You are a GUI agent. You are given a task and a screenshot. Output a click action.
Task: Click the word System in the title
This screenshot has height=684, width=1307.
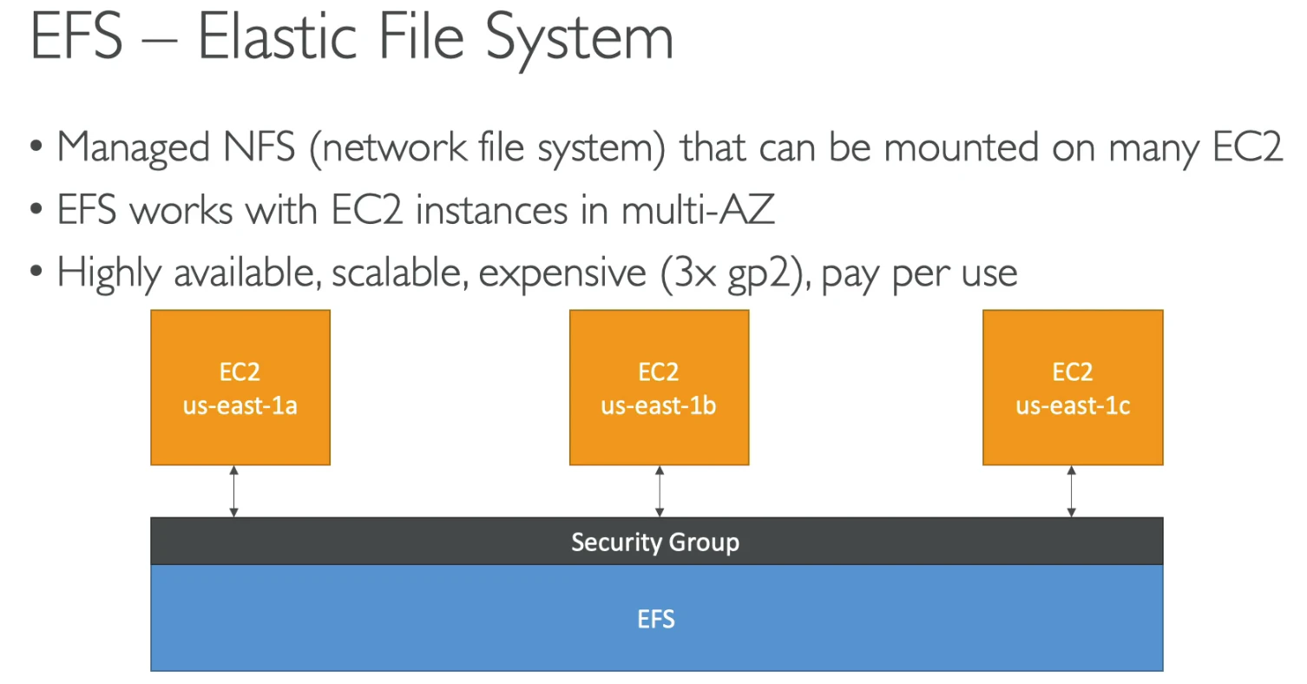tap(580, 41)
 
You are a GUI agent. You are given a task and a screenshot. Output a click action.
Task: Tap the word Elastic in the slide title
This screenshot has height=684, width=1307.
tap(277, 36)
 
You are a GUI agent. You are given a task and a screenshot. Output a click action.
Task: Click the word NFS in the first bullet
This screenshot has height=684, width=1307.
tap(259, 147)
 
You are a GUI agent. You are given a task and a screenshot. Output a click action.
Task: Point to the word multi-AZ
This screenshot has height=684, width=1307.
tap(698, 209)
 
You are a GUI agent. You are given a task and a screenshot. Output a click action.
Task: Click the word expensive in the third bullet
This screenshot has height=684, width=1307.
tap(562, 273)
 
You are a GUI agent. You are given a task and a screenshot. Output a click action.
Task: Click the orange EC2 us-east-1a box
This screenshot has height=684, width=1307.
tap(240, 387)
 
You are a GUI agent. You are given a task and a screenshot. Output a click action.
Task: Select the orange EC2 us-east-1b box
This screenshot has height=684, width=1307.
tap(660, 387)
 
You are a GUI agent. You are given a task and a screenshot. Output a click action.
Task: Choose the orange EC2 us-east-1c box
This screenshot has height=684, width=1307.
tap(1073, 387)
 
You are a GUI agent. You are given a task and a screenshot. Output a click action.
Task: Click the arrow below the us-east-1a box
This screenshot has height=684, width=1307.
tap(234, 491)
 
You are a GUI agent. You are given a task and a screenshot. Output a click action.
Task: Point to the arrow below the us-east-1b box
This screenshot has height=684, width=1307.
tap(660, 491)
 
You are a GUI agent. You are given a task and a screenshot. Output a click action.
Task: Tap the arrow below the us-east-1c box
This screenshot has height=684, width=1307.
tap(1071, 491)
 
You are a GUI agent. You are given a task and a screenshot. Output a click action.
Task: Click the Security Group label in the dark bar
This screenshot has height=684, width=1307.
tap(655, 543)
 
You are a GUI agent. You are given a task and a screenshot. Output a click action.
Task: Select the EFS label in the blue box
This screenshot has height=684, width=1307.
tap(656, 619)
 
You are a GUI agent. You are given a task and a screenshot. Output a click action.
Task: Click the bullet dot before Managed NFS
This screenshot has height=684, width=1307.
tap(36, 146)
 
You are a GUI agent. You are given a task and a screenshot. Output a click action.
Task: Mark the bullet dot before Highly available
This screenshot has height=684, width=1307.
tap(36, 272)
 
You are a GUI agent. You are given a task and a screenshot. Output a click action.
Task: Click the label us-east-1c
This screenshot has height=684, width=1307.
tap(1073, 405)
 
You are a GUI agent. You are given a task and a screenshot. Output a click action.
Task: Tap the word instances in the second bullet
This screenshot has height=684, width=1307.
tap(491, 209)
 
